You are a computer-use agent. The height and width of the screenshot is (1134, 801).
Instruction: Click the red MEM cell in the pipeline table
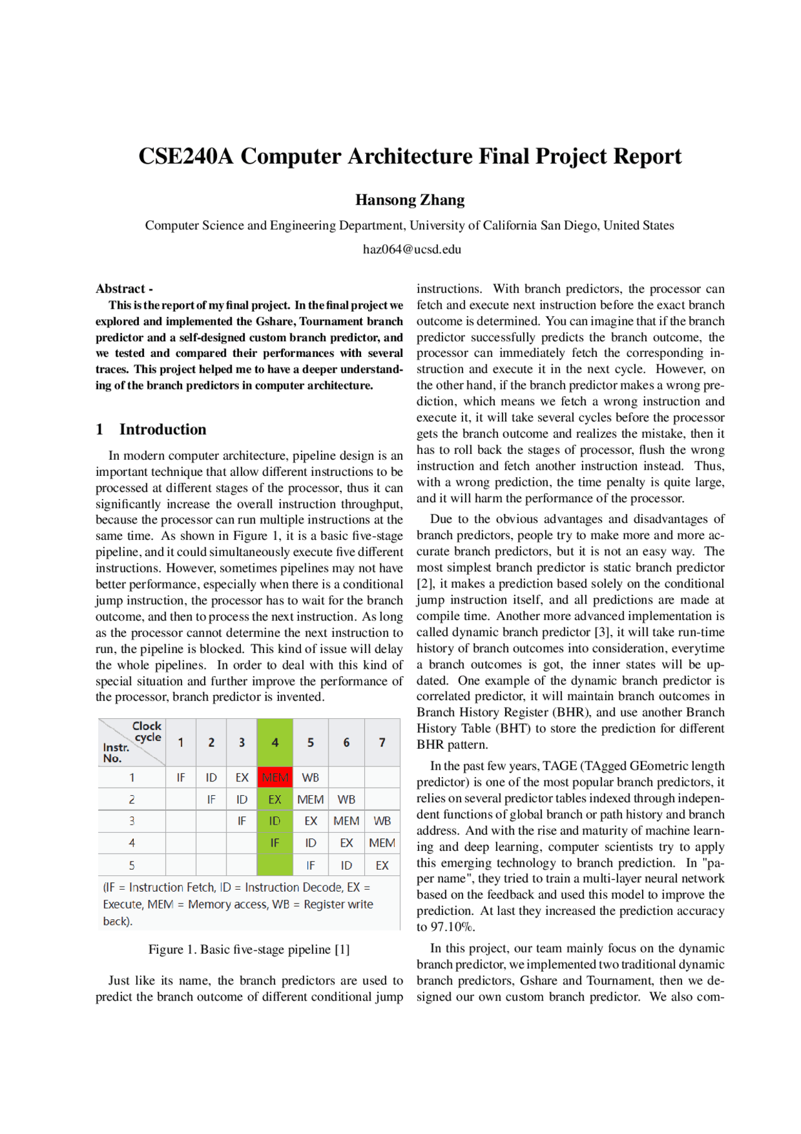275,777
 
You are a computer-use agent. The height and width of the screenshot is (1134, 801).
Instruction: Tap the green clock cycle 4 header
275,743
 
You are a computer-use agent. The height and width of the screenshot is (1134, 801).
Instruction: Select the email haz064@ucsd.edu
412,249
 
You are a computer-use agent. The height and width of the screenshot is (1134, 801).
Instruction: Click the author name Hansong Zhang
410,200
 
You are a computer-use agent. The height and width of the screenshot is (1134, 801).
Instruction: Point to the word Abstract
120,289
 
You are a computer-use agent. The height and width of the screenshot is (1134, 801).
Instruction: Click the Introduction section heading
163,430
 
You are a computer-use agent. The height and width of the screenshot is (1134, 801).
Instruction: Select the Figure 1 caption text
248,949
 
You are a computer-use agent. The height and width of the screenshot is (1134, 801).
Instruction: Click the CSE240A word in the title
185,157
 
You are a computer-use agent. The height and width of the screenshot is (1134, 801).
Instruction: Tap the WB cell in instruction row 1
310,777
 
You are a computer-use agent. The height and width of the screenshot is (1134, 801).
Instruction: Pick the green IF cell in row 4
275,843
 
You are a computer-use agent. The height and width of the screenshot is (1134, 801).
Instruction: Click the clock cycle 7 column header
382,743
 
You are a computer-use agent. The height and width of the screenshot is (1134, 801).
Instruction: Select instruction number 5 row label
132,865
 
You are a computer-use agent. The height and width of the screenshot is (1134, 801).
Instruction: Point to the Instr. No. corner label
115,753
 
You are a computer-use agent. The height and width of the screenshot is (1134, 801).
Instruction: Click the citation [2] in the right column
424,584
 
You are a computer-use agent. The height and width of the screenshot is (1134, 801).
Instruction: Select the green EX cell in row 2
275,800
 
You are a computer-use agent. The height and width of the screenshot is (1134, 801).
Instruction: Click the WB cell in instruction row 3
382,821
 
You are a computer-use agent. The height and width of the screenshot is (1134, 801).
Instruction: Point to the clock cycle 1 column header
181,743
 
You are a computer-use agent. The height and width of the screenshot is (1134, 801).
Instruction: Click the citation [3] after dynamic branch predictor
603,632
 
